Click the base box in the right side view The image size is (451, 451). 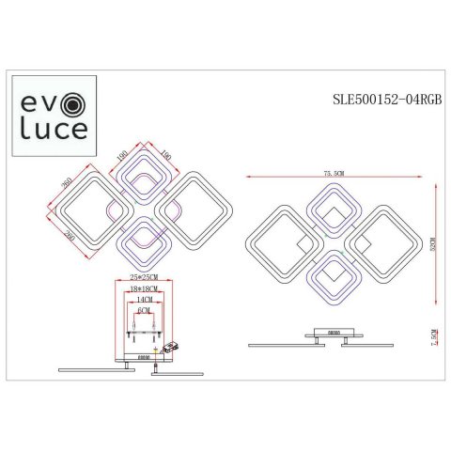tap(333, 332)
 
